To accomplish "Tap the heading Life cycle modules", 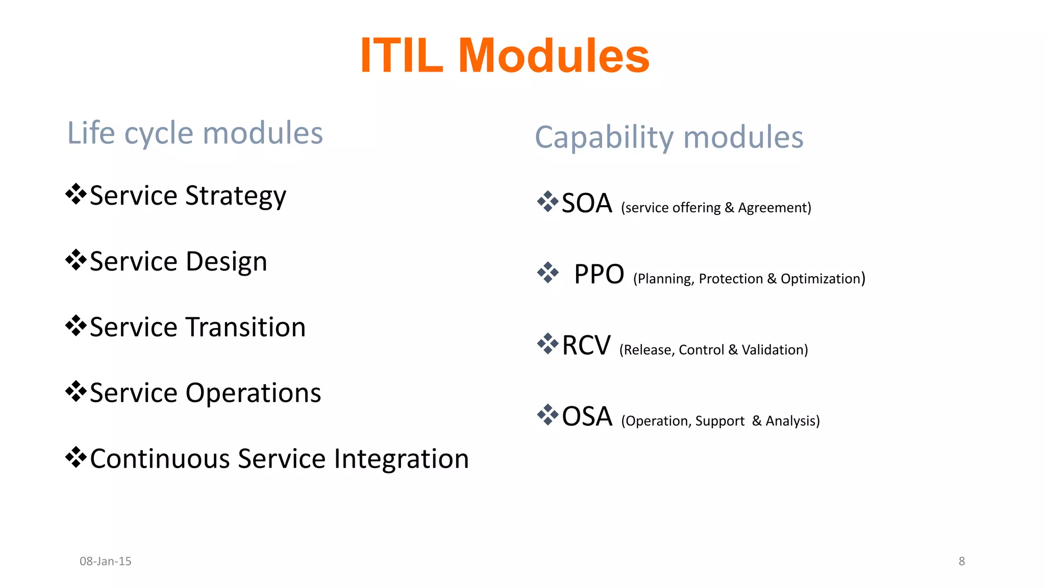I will pos(195,133).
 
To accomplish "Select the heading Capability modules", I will pos(669,137).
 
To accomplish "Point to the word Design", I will pos(226,262).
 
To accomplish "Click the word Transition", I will pos(245,327).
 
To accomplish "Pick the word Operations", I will pos(253,393).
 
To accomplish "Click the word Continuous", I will pos(160,459).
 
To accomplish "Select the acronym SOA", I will pos(587,203).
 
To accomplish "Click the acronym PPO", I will pos(599,274).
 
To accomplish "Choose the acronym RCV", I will pos(586,346).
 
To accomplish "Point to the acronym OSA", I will pos(587,416).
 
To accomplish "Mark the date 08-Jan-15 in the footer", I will pos(106,561).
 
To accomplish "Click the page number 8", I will pos(961,561).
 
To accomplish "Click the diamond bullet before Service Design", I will pos(76,260).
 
